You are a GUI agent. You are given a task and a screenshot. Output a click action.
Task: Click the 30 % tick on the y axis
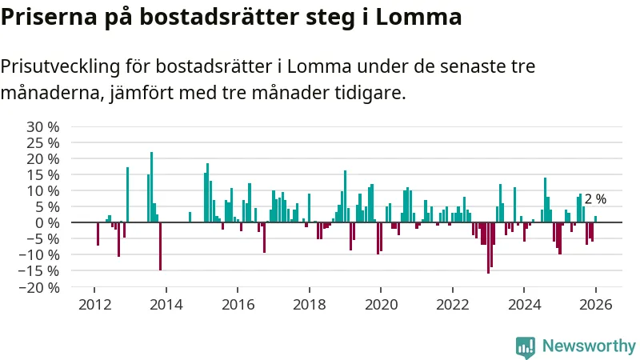click(x=43, y=126)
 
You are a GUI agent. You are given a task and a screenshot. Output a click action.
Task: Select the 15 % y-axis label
click(x=43, y=174)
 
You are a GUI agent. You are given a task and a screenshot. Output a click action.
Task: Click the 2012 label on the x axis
click(x=94, y=305)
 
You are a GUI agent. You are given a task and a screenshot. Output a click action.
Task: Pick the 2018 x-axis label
click(x=309, y=305)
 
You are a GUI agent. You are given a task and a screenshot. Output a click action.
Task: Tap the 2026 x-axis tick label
click(x=595, y=305)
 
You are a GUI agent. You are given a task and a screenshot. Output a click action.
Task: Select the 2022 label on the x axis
click(x=452, y=305)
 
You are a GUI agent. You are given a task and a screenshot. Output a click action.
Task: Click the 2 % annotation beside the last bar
click(x=595, y=199)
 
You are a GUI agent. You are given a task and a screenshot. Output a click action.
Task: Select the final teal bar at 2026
click(x=595, y=219)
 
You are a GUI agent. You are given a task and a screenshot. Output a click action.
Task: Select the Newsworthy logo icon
click(x=526, y=346)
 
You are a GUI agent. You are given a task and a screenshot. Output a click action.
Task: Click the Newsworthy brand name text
click(x=589, y=346)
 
